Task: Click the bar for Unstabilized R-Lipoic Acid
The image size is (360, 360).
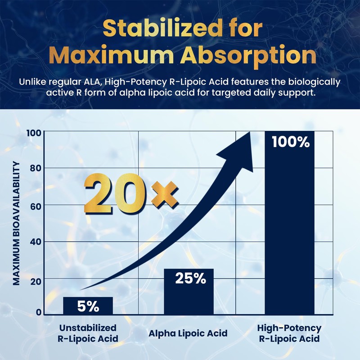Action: tap(88, 306)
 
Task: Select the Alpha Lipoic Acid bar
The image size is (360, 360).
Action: tap(189, 292)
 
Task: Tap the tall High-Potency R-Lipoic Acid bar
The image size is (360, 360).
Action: tap(289, 223)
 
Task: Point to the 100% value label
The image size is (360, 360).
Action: tap(291, 142)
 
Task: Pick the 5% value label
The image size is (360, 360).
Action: tap(88, 306)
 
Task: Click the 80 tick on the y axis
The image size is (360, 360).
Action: tap(36, 168)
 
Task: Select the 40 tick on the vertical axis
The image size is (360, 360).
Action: tap(36, 242)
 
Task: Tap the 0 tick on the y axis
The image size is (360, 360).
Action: tap(39, 312)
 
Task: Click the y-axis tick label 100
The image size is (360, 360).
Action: tap(34, 133)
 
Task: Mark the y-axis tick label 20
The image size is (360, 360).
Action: tap(36, 282)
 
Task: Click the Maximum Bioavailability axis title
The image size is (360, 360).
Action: tap(16, 223)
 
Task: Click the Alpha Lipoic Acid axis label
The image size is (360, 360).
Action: tap(188, 333)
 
